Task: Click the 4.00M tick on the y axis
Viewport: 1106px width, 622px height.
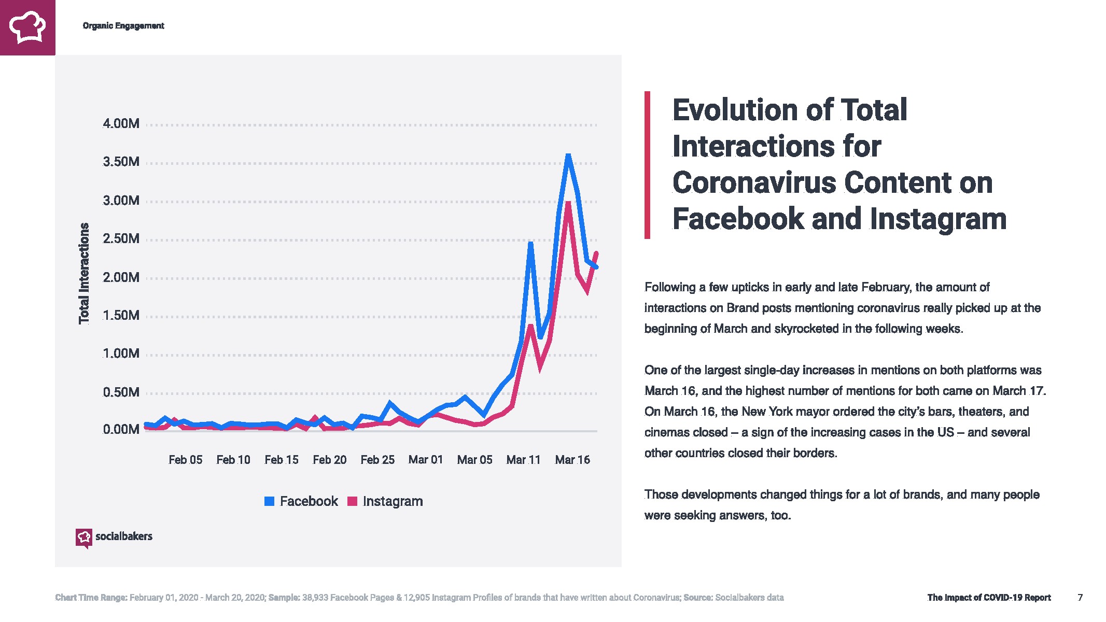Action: [x=121, y=124]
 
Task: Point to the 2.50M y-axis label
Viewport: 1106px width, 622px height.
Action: [x=121, y=239]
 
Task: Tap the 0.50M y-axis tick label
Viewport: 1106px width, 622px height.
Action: [x=121, y=392]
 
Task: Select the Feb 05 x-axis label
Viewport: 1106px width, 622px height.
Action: [x=185, y=460]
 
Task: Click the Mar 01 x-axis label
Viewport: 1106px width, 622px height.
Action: [x=426, y=460]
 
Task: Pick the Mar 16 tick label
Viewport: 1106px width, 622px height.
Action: [x=572, y=460]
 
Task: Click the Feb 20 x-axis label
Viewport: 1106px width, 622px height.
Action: [x=329, y=460]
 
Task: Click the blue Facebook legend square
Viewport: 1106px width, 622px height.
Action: [x=269, y=501]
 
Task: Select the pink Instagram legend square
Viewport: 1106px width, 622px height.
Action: [x=353, y=501]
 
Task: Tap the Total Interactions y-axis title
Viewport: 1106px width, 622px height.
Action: [x=84, y=273]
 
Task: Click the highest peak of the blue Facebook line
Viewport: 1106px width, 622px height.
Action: [x=568, y=155]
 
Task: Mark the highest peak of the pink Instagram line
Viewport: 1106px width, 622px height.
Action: [x=568, y=203]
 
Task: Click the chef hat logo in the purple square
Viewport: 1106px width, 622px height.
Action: [x=27, y=27]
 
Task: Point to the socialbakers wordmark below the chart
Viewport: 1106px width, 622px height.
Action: [x=123, y=536]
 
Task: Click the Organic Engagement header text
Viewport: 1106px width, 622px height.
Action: [x=123, y=26]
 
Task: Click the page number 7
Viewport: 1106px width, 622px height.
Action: [x=1080, y=598]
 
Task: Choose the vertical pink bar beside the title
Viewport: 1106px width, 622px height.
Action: [x=647, y=165]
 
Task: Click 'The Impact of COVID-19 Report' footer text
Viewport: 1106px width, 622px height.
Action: [x=989, y=598]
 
